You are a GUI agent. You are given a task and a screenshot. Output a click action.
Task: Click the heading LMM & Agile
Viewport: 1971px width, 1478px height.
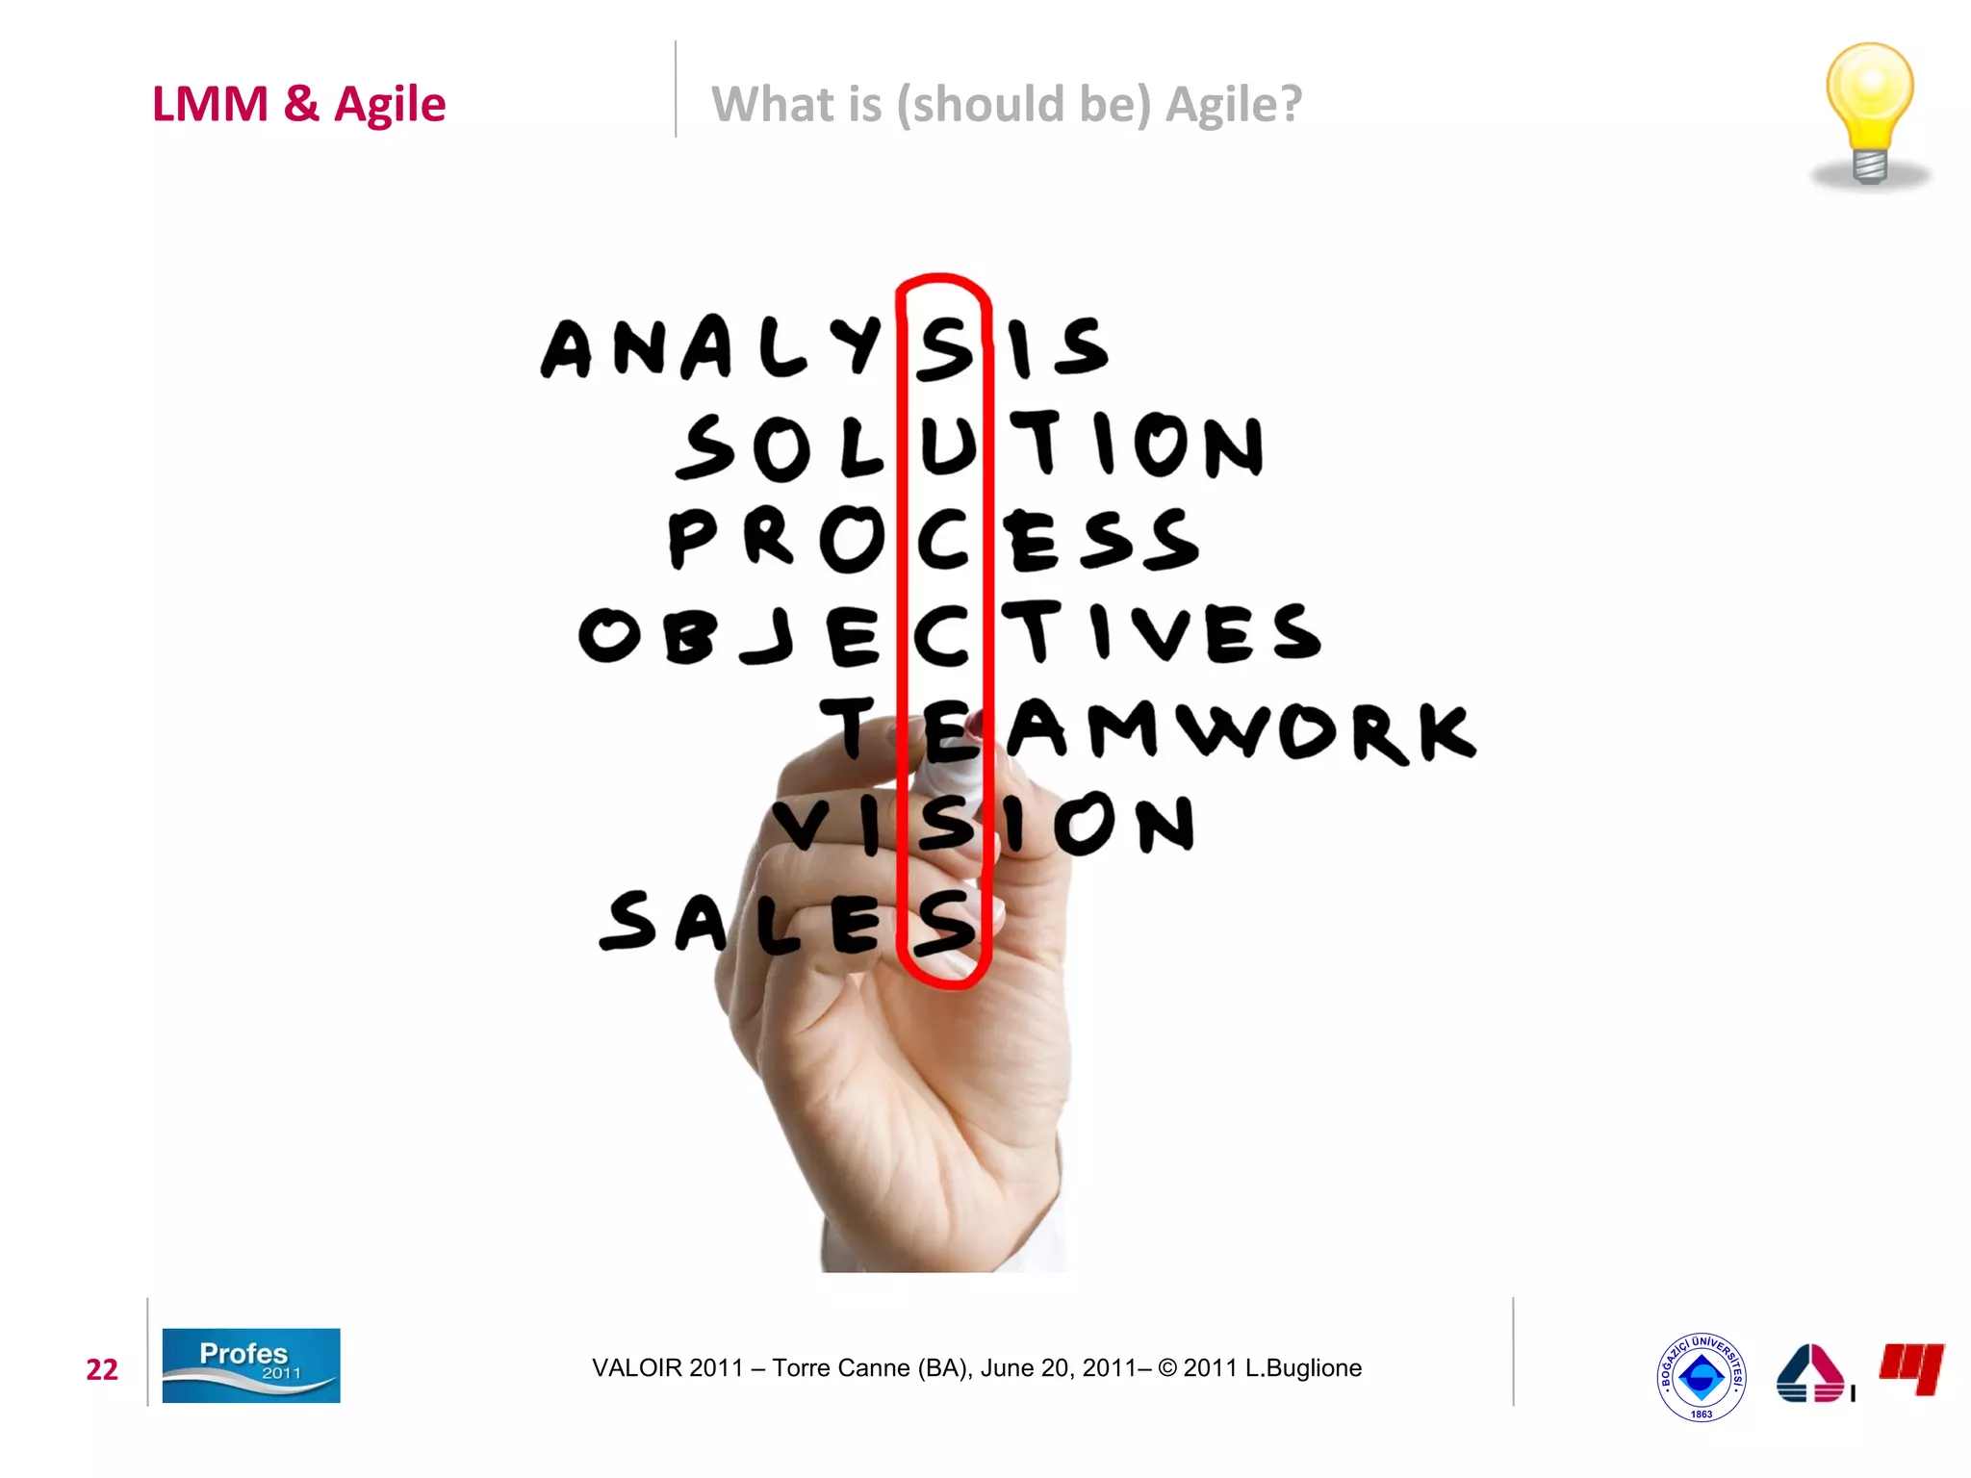[298, 104]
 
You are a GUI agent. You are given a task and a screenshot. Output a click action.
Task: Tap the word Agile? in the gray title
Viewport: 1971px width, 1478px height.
[1233, 104]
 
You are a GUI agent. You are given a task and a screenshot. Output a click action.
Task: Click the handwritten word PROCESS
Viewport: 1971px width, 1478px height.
[934, 540]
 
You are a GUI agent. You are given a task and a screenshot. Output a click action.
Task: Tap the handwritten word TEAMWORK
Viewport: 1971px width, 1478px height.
[1145, 729]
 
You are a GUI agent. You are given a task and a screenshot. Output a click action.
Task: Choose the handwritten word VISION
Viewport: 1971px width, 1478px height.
[984, 825]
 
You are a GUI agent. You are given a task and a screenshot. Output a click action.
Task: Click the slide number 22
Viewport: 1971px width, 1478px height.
[102, 1369]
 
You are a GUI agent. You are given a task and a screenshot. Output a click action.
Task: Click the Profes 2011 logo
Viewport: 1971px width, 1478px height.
[250, 1365]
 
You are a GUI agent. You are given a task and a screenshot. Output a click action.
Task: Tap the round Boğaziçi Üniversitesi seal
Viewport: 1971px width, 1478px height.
[1701, 1377]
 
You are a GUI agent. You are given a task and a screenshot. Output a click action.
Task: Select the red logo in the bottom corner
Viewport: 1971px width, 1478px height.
[1911, 1367]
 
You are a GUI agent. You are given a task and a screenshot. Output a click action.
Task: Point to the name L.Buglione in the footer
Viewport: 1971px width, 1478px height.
[1303, 1368]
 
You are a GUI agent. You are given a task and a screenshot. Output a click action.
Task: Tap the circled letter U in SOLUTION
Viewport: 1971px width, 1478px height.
[947, 446]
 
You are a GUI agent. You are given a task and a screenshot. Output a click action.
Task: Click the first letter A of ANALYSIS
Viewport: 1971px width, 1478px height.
[567, 348]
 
